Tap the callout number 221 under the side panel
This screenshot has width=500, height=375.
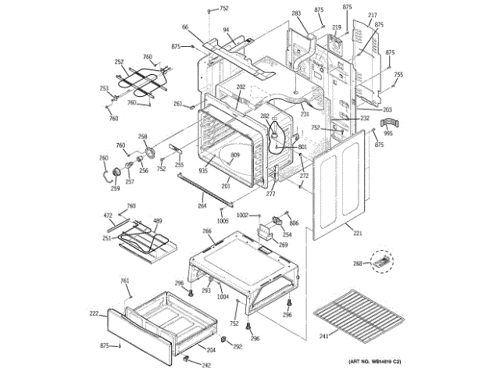tap(358, 234)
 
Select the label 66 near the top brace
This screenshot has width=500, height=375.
tap(186, 27)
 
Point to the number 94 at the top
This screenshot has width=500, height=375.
tap(226, 30)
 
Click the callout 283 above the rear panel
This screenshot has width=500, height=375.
tap(296, 13)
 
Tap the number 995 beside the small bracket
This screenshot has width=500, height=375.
tap(388, 133)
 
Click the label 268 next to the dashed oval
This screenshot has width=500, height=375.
tap(358, 263)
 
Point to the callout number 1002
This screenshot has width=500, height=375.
tap(243, 215)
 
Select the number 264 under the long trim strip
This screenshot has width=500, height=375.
tap(202, 206)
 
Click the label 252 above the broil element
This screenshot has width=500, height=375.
tap(119, 62)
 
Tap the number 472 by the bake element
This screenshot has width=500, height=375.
tap(109, 215)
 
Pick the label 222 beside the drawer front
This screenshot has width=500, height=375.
tap(93, 313)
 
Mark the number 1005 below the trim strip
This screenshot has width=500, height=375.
tap(223, 221)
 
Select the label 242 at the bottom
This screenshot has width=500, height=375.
tap(206, 366)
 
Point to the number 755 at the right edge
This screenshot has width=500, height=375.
tap(398, 75)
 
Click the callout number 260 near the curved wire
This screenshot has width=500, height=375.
tap(103, 159)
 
